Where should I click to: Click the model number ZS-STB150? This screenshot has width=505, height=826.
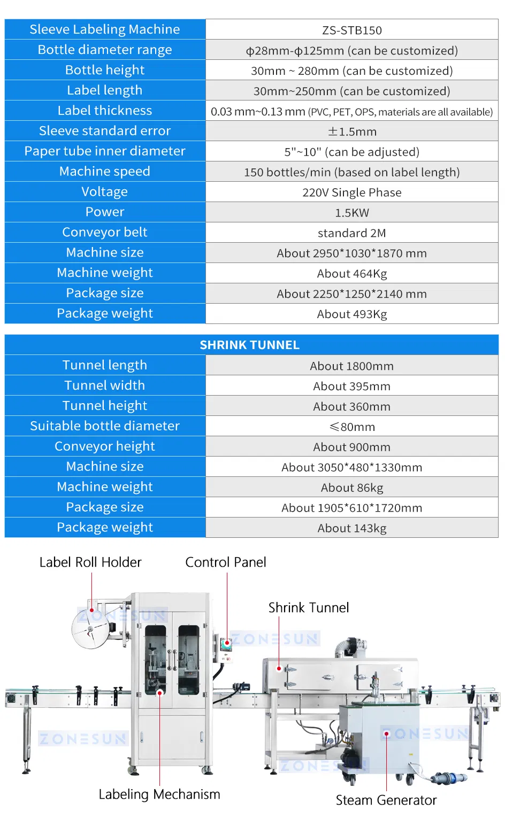[351, 30]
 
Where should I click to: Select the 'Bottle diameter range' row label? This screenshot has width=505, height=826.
[105, 50]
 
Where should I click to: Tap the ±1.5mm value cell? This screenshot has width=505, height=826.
[351, 132]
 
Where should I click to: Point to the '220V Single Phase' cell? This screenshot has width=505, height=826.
[351, 192]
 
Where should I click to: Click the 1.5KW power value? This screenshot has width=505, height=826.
[351, 213]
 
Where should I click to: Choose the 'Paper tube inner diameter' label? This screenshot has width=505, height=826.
[105, 151]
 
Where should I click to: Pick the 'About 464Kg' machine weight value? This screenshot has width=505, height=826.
[351, 274]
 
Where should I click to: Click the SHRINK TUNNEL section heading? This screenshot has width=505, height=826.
[249, 345]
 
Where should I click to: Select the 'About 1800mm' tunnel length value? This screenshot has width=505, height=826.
[351, 366]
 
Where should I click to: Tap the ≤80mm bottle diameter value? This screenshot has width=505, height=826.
[351, 427]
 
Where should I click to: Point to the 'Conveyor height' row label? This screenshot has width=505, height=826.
[105, 446]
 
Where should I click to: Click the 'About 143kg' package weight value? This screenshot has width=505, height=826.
[351, 528]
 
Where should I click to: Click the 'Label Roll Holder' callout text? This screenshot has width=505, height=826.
[90, 562]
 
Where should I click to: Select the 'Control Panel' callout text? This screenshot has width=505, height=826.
[225, 562]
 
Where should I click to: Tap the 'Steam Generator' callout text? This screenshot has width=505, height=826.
[386, 800]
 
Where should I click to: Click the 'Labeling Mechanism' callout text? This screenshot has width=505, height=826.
[159, 794]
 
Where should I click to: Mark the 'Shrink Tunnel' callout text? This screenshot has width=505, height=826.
[308, 608]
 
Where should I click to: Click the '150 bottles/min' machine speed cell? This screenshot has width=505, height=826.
[351, 172]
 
